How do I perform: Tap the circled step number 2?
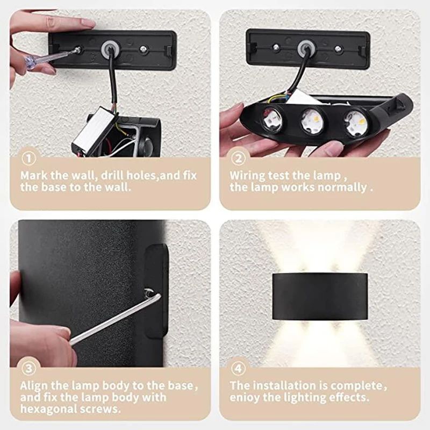point(238,159)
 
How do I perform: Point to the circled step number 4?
point(238,369)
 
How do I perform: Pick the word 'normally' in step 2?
point(343,188)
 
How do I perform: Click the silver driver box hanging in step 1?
point(91,129)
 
